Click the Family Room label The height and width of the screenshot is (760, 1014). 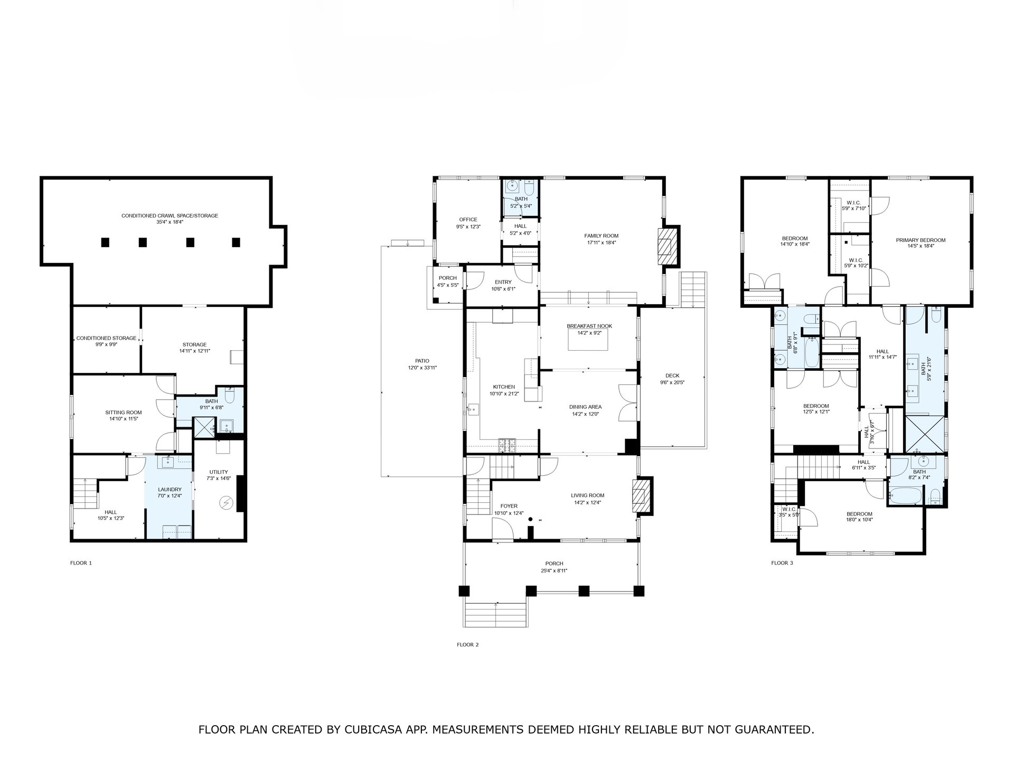point(601,236)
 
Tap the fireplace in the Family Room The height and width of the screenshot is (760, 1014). point(667,246)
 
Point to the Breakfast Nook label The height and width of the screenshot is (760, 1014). point(589,326)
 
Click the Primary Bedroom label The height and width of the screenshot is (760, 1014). point(921,240)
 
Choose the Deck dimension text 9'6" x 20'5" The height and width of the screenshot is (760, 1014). point(672,383)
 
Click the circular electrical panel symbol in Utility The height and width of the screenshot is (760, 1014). point(226,503)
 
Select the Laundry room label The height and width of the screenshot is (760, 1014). point(170,490)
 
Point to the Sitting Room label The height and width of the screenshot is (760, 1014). point(124,412)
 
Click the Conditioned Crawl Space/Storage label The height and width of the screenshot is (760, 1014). point(170,215)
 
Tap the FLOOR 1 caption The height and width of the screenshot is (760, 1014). point(81,563)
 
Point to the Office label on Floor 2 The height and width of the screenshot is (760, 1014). point(468,220)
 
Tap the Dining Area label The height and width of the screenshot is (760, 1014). point(585,407)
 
